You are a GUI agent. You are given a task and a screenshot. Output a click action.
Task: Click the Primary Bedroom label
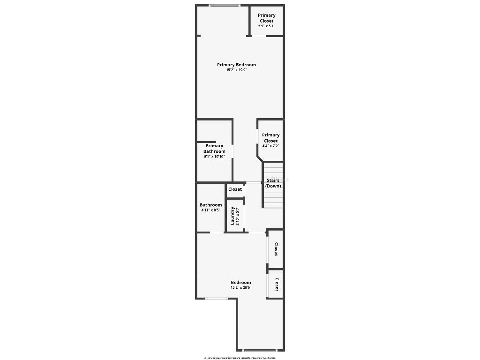click(236, 65)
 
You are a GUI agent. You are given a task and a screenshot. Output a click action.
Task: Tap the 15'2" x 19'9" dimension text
click(236, 70)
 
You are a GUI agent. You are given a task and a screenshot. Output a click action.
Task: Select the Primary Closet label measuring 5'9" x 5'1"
click(267, 18)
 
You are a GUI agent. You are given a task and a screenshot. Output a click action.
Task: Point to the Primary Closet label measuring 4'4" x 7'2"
click(270, 138)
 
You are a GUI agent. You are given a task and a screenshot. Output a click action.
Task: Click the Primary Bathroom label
click(214, 149)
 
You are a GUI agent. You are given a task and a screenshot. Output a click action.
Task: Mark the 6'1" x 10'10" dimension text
click(214, 157)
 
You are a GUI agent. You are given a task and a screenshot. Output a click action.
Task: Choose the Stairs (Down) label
click(273, 183)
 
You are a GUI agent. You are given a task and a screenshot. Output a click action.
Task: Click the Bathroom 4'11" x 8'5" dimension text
click(210, 210)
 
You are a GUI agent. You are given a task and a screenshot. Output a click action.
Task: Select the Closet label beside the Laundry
click(235, 189)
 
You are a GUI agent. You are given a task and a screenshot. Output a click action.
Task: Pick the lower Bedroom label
click(241, 282)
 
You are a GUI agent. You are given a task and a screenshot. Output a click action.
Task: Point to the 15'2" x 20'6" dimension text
click(241, 288)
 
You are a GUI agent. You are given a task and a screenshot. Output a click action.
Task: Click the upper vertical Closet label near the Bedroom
click(276, 249)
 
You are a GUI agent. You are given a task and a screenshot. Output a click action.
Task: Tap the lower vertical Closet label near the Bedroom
click(277, 285)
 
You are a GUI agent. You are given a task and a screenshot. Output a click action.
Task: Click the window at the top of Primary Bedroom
click(225, 6)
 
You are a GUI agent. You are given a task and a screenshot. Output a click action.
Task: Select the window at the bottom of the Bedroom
click(260, 350)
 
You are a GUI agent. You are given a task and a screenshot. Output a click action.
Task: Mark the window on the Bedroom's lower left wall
click(216, 299)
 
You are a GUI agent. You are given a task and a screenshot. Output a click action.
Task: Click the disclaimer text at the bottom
click(240, 358)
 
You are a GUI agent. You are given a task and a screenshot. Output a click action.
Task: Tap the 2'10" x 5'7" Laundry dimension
click(238, 216)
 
